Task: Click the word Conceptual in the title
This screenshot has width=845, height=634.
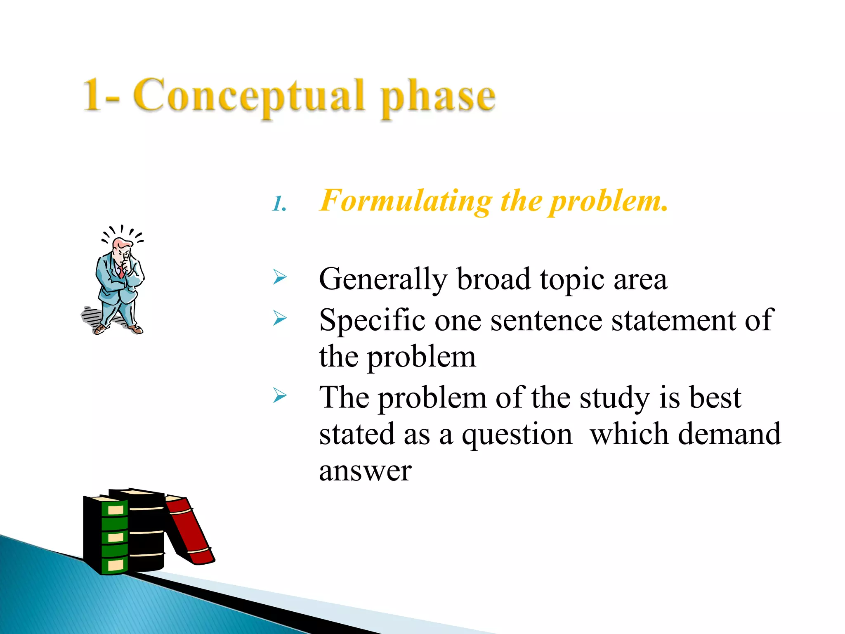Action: [249, 96]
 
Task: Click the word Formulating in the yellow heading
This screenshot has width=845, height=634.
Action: [406, 201]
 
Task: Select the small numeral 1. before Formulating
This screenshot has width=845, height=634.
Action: [279, 204]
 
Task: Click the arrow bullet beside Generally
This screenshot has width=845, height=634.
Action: [280, 277]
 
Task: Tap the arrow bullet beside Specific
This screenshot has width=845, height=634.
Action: [280, 318]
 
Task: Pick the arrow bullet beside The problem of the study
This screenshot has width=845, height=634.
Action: [280, 396]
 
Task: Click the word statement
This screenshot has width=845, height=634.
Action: [673, 320]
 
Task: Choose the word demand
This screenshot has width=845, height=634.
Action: [729, 434]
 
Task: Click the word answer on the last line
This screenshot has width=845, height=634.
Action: [365, 471]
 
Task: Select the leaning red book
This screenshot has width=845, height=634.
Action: [189, 530]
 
